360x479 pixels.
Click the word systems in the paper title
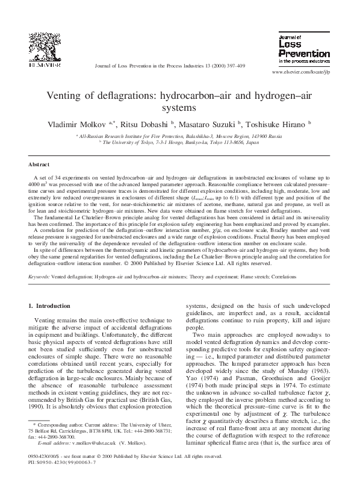point(179,108)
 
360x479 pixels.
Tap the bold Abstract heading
point(40,164)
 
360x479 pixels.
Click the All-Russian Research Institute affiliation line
point(179,137)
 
